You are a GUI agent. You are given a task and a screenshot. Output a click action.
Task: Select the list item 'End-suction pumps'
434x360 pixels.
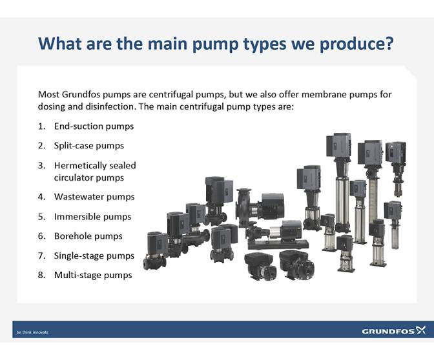click(x=94, y=126)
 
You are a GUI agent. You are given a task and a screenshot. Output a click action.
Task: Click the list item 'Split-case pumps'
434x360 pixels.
click(x=88, y=145)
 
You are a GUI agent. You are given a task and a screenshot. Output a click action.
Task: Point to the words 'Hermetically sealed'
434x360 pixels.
click(x=95, y=165)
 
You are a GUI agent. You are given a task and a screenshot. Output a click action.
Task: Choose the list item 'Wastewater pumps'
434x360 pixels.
click(x=94, y=197)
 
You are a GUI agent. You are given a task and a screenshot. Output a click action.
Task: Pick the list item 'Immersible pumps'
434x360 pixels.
click(x=92, y=217)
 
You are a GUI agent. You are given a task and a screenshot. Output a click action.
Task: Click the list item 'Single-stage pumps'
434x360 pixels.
click(x=94, y=255)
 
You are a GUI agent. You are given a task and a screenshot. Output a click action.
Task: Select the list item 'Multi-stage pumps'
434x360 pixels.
click(x=93, y=275)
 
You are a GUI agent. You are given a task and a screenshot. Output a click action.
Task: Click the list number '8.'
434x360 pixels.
click(x=42, y=275)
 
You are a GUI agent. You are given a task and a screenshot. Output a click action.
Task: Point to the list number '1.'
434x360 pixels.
click(x=42, y=126)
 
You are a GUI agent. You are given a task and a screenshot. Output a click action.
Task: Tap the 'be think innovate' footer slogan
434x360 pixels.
click(x=32, y=332)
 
